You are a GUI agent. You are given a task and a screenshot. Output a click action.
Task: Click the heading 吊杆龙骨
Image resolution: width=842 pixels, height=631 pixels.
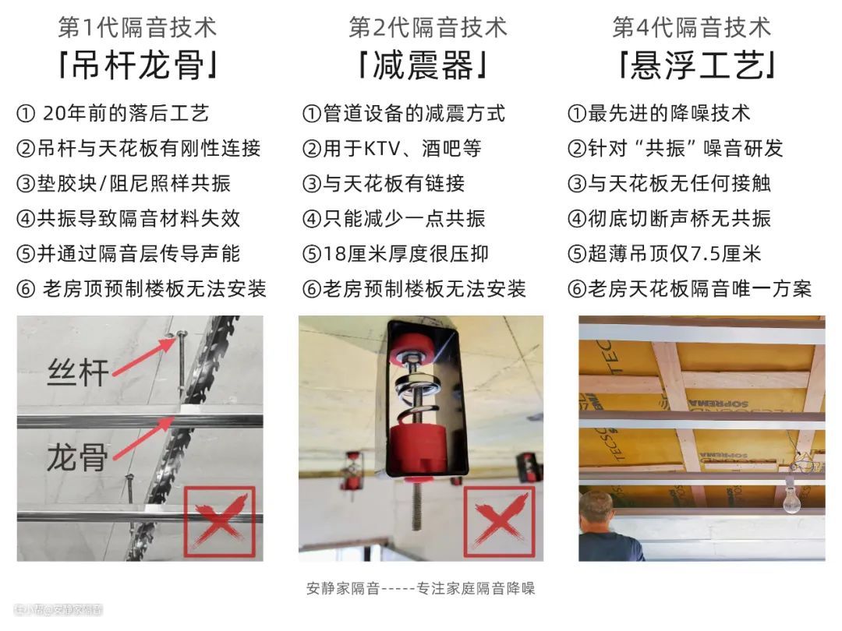[137, 66]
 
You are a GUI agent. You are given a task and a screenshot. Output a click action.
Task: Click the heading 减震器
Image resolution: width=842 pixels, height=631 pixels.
[423, 66]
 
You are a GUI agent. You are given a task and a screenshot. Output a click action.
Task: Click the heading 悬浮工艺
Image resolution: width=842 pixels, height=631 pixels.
[696, 66]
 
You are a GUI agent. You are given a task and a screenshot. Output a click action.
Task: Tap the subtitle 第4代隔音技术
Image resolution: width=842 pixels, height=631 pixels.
[692, 27]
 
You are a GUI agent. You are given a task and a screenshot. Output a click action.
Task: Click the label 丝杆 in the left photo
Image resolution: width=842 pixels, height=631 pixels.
[79, 372]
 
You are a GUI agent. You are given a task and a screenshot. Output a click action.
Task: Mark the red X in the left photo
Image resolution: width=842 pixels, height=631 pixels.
[220, 521]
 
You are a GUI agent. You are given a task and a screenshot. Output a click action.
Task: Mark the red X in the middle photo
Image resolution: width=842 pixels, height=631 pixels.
[500, 521]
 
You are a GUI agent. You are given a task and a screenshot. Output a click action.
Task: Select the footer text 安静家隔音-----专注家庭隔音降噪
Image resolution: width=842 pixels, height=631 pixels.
[420, 589]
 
